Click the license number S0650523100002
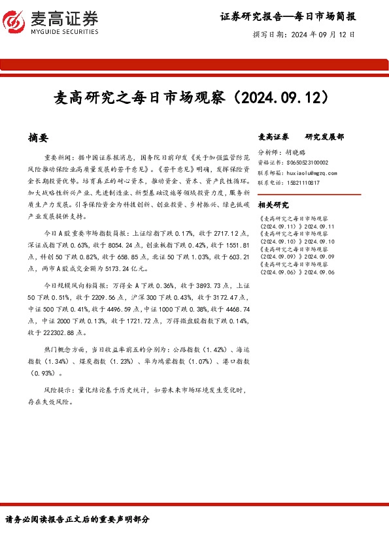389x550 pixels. [x=307, y=163]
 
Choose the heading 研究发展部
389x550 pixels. [x=324, y=137]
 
